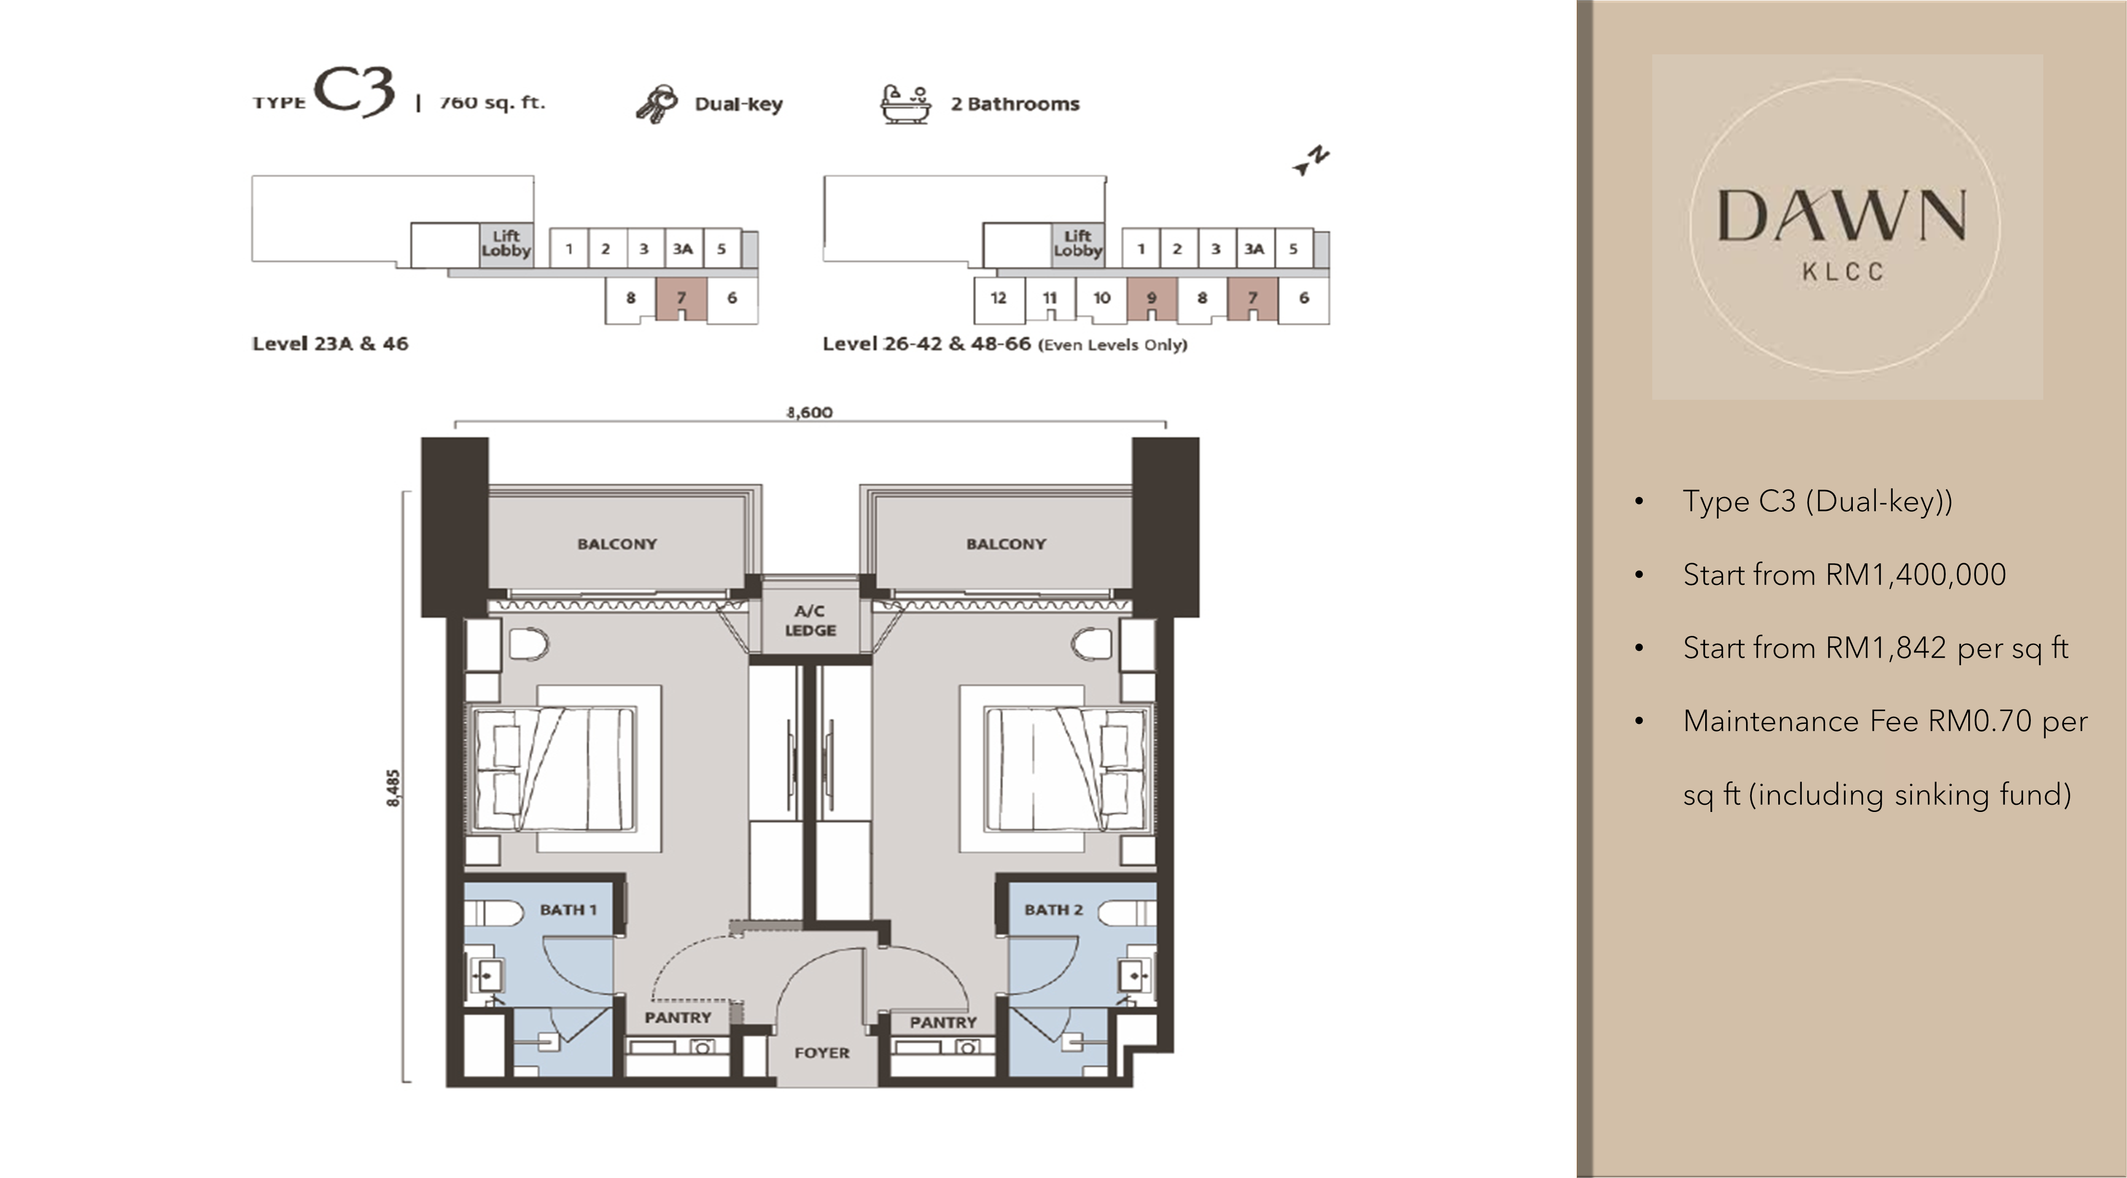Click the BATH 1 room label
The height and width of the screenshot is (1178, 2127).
tap(568, 910)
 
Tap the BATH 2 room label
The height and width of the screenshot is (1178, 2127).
tap(1053, 910)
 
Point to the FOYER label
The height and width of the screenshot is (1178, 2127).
tap(822, 1052)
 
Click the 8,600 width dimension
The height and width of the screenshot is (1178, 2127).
tap(809, 412)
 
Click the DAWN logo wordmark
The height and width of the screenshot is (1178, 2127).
tap(1842, 216)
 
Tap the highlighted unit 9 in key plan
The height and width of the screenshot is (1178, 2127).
tap(1151, 299)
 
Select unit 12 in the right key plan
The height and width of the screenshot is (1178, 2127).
tap(998, 299)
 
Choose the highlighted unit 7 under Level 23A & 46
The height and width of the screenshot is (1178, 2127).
tap(681, 299)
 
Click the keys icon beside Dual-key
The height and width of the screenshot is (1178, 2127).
tap(657, 104)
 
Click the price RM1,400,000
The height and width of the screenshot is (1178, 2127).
tap(1916, 574)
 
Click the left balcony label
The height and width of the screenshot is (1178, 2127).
tap(617, 544)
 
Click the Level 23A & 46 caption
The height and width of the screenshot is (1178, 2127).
tap(330, 343)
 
